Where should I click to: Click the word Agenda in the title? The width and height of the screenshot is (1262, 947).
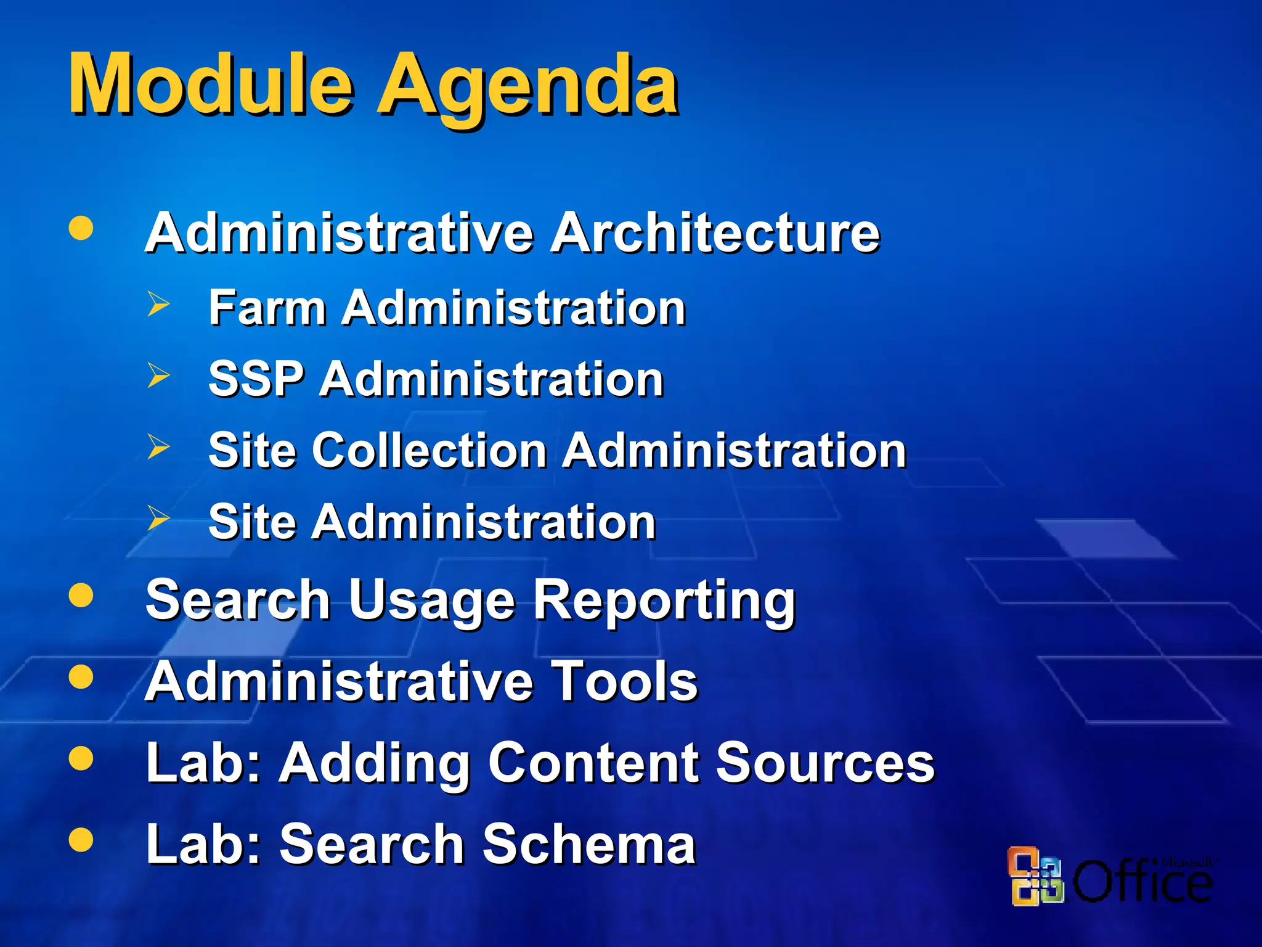tap(527, 86)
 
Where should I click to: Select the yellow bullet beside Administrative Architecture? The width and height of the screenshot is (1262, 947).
tap(81, 228)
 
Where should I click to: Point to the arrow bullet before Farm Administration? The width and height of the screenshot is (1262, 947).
tap(158, 304)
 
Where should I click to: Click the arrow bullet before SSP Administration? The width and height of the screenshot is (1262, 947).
tap(158, 375)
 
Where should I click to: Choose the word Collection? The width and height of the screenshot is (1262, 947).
tap(430, 449)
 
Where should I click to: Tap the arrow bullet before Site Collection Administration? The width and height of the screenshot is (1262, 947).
tap(158, 446)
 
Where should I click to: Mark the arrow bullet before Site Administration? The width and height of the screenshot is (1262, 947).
tap(158, 518)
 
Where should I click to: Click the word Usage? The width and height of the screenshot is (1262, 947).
tap(431, 601)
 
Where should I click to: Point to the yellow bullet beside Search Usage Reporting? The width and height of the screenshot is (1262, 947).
tap(81, 596)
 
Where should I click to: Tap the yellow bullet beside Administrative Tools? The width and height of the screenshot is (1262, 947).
tap(81, 676)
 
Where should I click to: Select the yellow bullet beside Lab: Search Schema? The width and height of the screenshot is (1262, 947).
tap(81, 839)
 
